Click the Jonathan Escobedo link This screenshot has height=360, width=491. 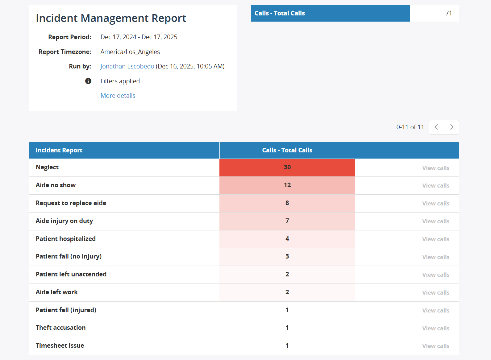click(127, 66)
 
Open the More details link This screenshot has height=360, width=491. click(118, 96)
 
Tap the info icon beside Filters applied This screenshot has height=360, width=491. click(88, 81)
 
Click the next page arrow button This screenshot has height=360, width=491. click(451, 127)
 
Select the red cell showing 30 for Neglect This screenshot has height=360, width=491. click(287, 167)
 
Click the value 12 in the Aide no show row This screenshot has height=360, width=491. click(287, 185)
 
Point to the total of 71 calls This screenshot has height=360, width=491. click(448, 13)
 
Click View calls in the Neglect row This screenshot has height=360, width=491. click(435, 168)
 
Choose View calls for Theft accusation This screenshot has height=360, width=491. click(435, 328)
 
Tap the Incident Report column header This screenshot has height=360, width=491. click(59, 150)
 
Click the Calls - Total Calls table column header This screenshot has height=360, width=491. click(287, 150)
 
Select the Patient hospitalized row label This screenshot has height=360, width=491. click(66, 239)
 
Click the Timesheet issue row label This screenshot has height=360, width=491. click(60, 346)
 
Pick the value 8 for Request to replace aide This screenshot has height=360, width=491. click(287, 203)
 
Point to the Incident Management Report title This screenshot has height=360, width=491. click(111, 18)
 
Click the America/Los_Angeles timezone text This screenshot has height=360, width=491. click(130, 52)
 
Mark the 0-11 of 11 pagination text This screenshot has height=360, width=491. click(410, 127)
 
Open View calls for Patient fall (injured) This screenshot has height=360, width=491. click(435, 310)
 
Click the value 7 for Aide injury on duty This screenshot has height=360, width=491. click(287, 221)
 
